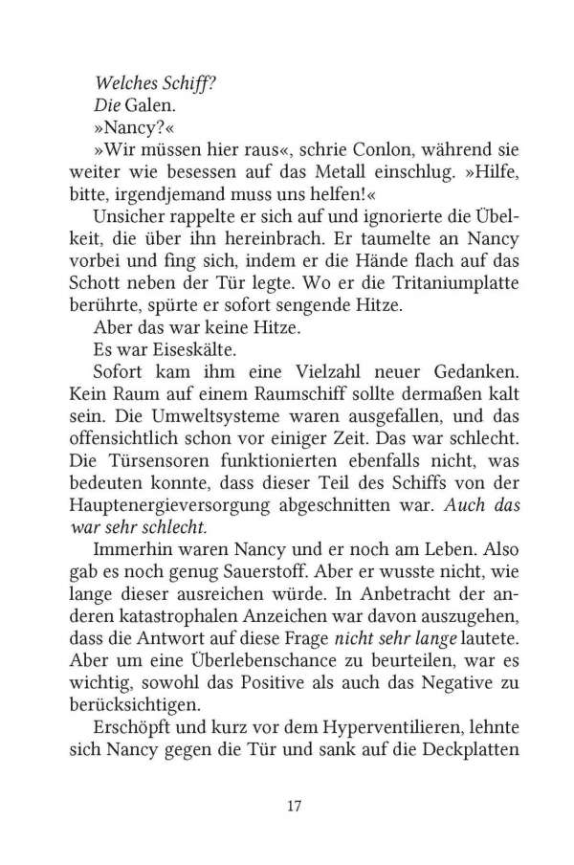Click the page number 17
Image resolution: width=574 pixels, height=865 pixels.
pyautogui.click(x=294, y=806)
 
